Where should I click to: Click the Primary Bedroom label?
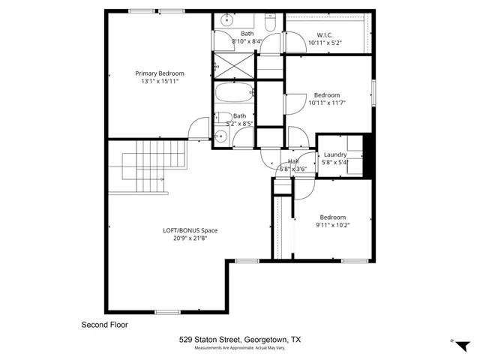click(x=160, y=73)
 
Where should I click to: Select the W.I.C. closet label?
click(x=325, y=34)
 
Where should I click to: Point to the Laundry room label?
click(x=334, y=154)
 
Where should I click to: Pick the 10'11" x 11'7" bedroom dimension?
click(x=327, y=104)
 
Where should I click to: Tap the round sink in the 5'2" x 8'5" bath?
click(x=220, y=136)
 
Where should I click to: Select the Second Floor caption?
click(x=104, y=325)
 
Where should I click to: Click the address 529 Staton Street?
click(x=240, y=340)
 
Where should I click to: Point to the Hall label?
click(x=293, y=161)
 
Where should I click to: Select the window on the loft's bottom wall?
click(x=166, y=311)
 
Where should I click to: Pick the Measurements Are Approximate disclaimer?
click(x=240, y=349)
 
